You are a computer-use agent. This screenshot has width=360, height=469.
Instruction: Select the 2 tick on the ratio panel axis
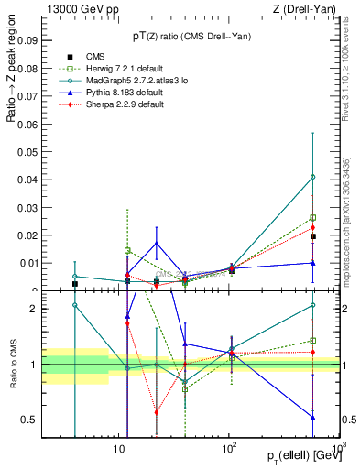click(x=34, y=310)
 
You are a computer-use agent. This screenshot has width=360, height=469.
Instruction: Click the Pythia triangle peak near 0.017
click(x=157, y=244)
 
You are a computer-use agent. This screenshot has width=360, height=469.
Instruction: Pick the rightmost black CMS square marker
click(x=313, y=236)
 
